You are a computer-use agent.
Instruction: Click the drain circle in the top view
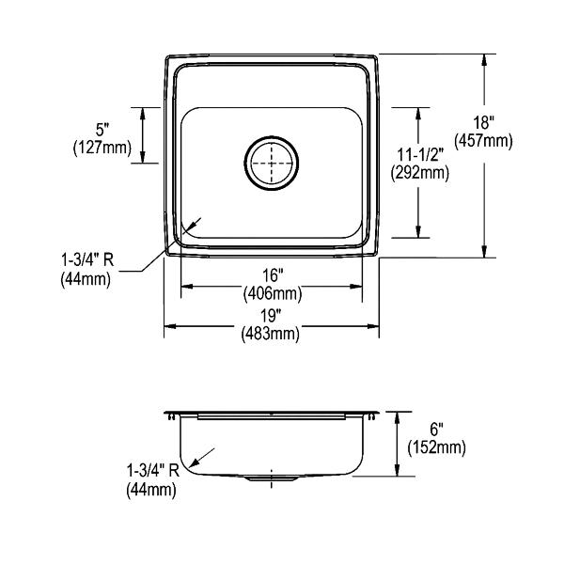click(272, 136)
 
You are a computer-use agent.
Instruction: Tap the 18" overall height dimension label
click(482, 122)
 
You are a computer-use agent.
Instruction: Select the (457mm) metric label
click(483, 141)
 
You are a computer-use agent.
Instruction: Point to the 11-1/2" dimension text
click(420, 155)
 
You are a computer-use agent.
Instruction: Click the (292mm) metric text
click(420, 173)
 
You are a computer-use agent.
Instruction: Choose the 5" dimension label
click(102, 129)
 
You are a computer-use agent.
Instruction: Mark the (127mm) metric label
click(102, 148)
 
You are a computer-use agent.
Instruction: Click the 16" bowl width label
click(272, 275)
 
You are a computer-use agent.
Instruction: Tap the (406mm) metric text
click(273, 293)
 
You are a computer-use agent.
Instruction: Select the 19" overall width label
click(271, 316)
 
